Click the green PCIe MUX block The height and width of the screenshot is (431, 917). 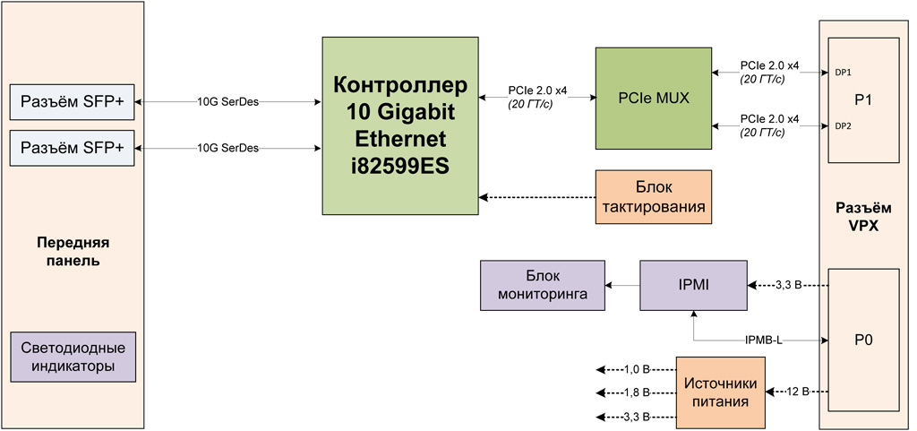[x=653, y=99]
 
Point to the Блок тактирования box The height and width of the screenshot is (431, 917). [x=653, y=197]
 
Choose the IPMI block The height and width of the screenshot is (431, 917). [x=693, y=286]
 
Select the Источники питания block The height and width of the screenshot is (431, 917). [x=720, y=392]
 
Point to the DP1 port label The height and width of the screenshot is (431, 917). [x=843, y=72]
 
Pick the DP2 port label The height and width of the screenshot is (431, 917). [x=843, y=126]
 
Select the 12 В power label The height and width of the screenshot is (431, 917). [x=798, y=392]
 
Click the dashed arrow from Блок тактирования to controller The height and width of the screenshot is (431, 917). [x=537, y=197]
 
